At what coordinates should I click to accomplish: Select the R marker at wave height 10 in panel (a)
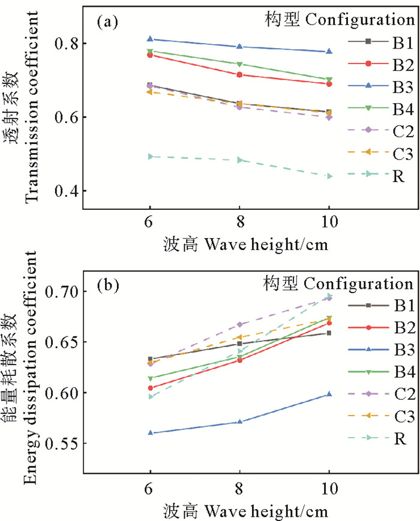coord(329,176)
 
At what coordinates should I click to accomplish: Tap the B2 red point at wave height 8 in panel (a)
coord(239,75)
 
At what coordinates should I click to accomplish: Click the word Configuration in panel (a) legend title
coord(357,19)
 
